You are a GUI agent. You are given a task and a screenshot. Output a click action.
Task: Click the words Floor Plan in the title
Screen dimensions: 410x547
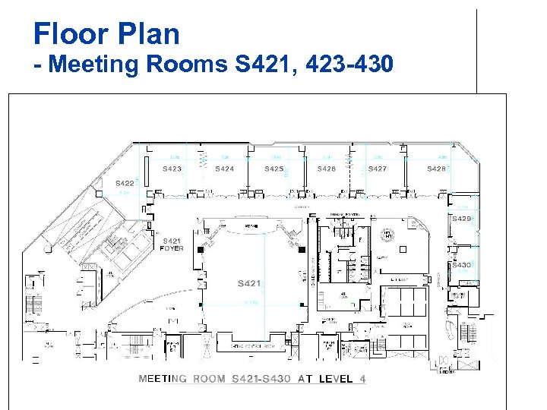(x=106, y=34)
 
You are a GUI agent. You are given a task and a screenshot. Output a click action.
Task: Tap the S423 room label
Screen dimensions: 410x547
(x=172, y=169)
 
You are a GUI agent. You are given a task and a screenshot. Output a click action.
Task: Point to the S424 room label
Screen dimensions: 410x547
(x=224, y=169)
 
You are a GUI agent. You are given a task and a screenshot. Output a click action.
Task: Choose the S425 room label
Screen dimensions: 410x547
(x=274, y=169)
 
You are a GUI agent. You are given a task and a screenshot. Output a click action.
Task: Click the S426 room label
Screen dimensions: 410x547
(x=327, y=169)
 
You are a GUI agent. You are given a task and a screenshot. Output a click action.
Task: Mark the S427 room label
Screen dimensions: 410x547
(x=377, y=169)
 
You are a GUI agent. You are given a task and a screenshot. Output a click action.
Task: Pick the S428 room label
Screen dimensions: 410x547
(x=436, y=169)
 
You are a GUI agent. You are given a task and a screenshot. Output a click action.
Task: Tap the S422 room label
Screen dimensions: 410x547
(x=125, y=183)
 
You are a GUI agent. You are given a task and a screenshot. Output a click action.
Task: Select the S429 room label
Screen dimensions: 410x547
(x=461, y=219)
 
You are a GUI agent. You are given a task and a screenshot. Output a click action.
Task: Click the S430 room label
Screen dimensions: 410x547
(x=461, y=265)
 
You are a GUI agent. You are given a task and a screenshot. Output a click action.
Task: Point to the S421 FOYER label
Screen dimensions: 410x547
(x=172, y=244)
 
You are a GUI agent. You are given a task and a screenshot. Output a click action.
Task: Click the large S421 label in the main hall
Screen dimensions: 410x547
(x=249, y=283)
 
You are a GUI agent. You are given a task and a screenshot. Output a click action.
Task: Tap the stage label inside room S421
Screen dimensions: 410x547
(x=251, y=225)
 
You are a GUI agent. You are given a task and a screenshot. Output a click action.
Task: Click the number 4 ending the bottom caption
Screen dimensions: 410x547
(x=362, y=379)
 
